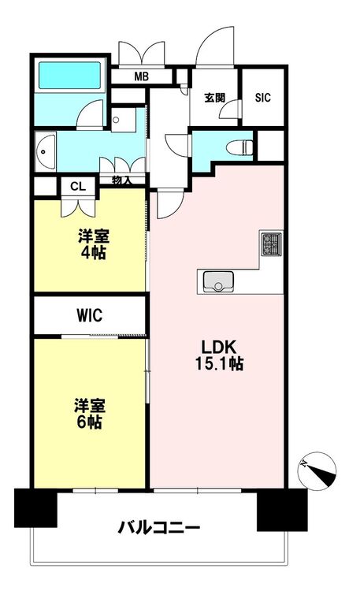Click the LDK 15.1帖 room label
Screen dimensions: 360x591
point(219,355)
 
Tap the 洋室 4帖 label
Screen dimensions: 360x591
point(93,244)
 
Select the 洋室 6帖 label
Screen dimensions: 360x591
point(90,414)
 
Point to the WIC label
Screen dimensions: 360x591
point(89,315)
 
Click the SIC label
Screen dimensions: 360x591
point(263,97)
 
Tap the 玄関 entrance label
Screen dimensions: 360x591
point(215,98)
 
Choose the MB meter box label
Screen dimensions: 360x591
point(141,77)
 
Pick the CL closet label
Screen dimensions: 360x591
point(78,186)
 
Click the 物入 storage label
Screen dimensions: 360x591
point(121,180)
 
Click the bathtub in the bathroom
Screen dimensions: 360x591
point(70,76)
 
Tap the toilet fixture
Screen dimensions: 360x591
point(240,147)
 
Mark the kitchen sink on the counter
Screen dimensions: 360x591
point(218,281)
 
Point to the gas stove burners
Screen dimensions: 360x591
point(271,243)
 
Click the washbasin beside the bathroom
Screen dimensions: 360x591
point(46,152)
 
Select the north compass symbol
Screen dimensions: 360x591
point(317,470)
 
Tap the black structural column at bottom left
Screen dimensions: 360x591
point(35,507)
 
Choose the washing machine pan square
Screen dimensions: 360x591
point(123,120)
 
